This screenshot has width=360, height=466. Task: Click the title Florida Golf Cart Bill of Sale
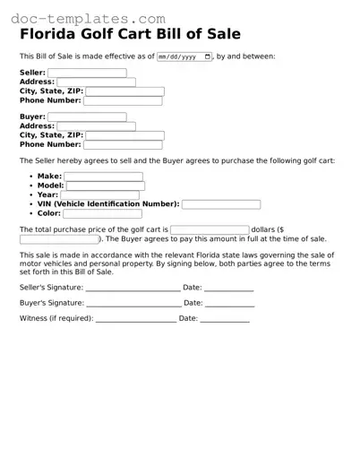click(x=130, y=35)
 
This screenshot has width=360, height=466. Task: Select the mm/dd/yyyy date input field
click(x=184, y=56)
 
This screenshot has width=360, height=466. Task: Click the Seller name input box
click(x=87, y=73)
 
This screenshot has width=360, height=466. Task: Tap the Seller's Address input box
click(x=96, y=82)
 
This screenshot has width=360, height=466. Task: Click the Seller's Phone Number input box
click(x=123, y=100)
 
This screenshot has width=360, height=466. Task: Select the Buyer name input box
click(x=87, y=116)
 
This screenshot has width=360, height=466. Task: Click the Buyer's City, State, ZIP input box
click(x=124, y=135)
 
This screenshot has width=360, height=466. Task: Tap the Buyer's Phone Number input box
click(x=123, y=144)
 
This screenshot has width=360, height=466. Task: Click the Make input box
click(x=104, y=177)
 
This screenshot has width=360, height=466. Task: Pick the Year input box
click(x=100, y=195)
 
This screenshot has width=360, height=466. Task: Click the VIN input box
click(x=221, y=204)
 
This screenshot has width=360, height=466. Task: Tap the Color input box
click(x=102, y=213)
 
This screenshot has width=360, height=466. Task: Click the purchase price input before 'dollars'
click(x=210, y=230)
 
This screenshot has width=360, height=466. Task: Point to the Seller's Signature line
click(x=133, y=289)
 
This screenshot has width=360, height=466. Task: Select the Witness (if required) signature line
click(x=135, y=319)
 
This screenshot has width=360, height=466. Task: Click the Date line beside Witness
click(x=225, y=319)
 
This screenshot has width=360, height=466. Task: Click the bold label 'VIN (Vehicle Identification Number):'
click(x=108, y=204)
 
